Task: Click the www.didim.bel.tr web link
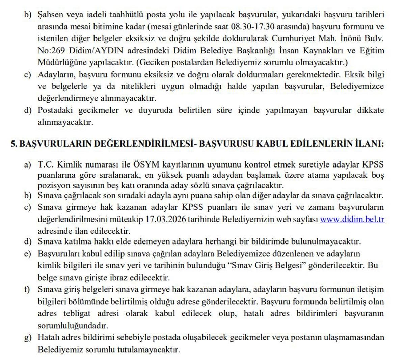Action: click(352, 219)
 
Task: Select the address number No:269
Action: click(52, 51)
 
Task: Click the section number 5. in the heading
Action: click(14, 144)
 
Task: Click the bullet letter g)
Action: click(27, 337)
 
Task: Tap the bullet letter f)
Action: click(27, 289)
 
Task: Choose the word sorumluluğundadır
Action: click(73, 326)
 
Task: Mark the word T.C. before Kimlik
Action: click(46, 165)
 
